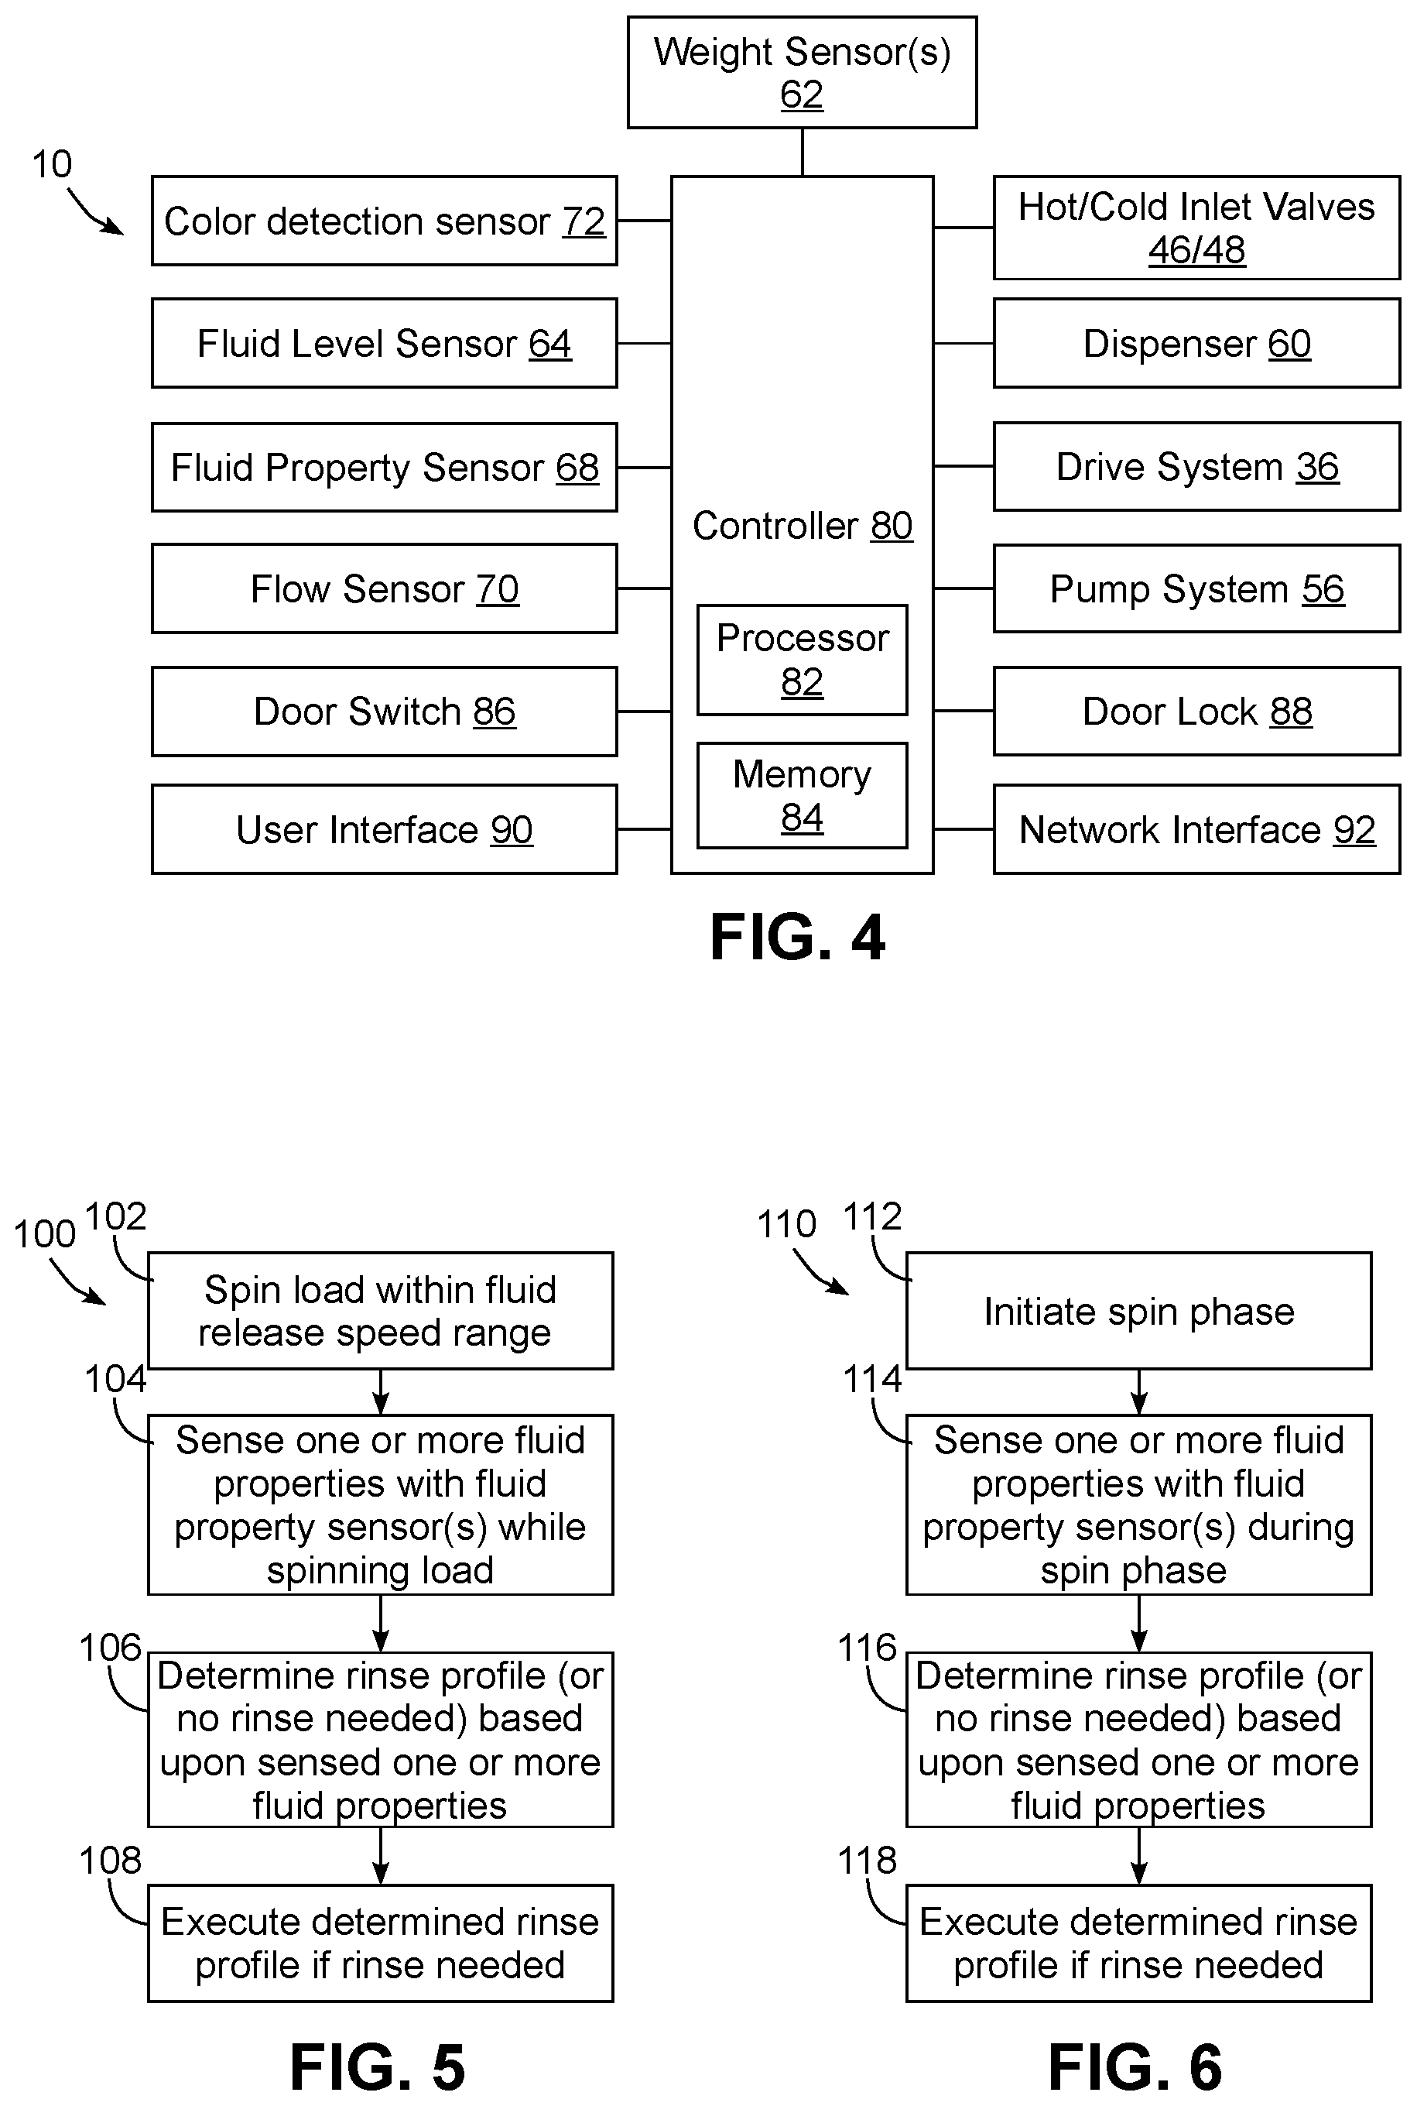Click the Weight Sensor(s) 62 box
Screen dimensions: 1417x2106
coord(802,72)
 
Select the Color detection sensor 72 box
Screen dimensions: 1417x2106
coord(384,221)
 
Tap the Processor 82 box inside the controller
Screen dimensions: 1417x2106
coord(802,660)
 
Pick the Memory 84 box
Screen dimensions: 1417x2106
coord(802,795)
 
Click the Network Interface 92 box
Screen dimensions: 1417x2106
coord(1196,828)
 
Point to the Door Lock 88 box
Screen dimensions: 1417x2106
coord(1196,712)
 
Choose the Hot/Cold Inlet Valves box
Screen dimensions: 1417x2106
coord(1196,228)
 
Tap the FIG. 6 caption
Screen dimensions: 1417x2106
coord(1135,2067)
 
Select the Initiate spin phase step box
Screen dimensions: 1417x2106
coord(1138,1311)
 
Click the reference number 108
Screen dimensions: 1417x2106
coord(110,1860)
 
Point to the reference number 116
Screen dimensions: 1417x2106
coord(868,1648)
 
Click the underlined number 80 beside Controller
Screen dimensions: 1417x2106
coord(892,526)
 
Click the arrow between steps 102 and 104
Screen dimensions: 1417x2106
coord(381,1392)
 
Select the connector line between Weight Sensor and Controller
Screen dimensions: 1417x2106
coord(803,152)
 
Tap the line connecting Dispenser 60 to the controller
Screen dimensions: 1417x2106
coord(963,344)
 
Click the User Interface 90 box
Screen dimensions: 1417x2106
coord(384,828)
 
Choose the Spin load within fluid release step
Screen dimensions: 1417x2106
coord(381,1311)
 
